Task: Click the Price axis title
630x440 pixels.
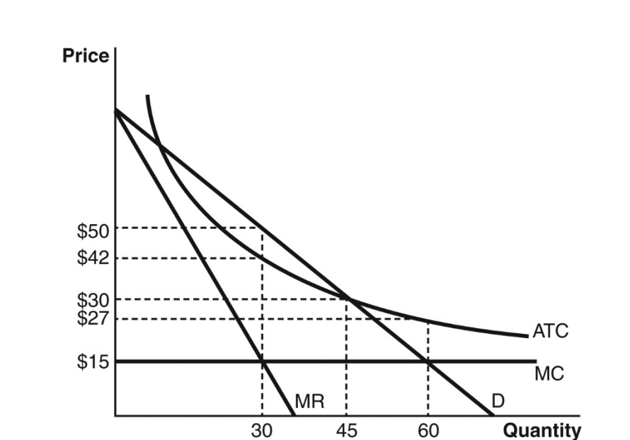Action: pyautogui.click(x=86, y=56)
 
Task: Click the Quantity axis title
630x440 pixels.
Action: pyautogui.click(x=542, y=430)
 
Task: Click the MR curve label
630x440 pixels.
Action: pyautogui.click(x=309, y=403)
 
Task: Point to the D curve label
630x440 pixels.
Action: pyautogui.click(x=498, y=402)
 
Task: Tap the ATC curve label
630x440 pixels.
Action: pyautogui.click(x=550, y=330)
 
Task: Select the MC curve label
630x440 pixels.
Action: pyautogui.click(x=549, y=373)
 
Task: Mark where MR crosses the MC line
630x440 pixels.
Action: pyautogui.click(x=263, y=361)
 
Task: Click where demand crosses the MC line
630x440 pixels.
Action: pyautogui.click(x=428, y=361)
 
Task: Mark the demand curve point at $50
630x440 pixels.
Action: pyautogui.click(x=263, y=228)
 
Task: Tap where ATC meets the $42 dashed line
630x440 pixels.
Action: pyautogui.click(x=263, y=257)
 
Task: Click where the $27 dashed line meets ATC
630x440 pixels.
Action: pyautogui.click(x=428, y=319)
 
